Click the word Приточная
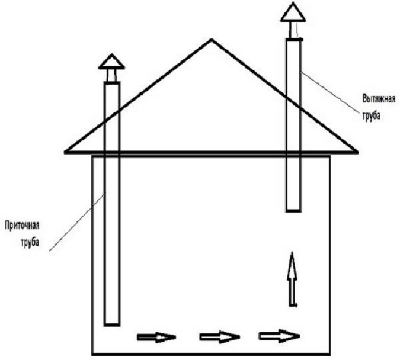pos(22,226)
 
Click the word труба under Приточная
pos(30,242)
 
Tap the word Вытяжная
pos(379,99)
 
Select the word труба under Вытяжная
pos(372,115)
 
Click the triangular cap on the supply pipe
pos(111,62)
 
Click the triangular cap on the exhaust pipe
pos(293,12)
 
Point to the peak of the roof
pos(212,39)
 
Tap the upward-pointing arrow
pos(292,279)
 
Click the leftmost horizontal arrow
pos(156,337)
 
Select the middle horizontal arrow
pos(220,337)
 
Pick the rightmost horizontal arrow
pos(279,336)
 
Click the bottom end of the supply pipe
pos(112,324)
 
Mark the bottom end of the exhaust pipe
pos(293,211)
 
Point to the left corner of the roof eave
pos(65,152)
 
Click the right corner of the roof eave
pos(357,152)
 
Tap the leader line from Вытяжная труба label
pos(332,92)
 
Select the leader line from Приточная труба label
pos(77,221)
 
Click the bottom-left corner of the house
pos(92,354)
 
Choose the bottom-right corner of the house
pos(329,354)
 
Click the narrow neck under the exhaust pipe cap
pos(293,30)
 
